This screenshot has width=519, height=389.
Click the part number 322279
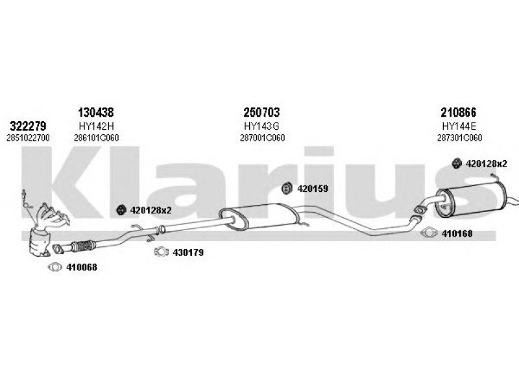pyautogui.click(x=28, y=126)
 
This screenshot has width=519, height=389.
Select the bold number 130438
pyautogui.click(x=95, y=112)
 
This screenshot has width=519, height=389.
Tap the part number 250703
pyautogui.click(x=261, y=112)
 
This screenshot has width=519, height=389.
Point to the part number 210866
pyautogui.click(x=458, y=112)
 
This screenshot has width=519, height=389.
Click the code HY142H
pyautogui.click(x=96, y=126)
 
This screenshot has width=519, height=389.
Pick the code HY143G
pyautogui.click(x=261, y=126)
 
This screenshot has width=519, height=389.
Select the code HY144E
pyautogui.click(x=459, y=126)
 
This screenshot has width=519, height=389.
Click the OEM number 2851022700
pyautogui.click(x=28, y=138)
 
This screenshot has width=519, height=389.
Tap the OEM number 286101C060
pyautogui.click(x=96, y=138)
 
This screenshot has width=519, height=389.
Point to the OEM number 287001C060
pyautogui.click(x=262, y=138)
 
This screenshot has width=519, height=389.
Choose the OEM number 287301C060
pyautogui.click(x=459, y=138)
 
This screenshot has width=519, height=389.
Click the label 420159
pyautogui.click(x=313, y=189)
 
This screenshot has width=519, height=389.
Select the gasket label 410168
pyautogui.click(x=457, y=233)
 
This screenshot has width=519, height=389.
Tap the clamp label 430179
pyautogui.click(x=188, y=253)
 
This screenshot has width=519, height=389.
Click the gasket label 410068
pyautogui.click(x=82, y=267)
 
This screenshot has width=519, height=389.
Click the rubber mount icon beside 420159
pyautogui.click(x=287, y=188)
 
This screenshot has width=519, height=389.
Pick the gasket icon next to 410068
pyautogui.click(x=55, y=267)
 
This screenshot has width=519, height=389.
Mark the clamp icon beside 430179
pyautogui.click(x=161, y=252)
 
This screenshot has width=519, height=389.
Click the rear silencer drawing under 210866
pyautogui.click(x=470, y=200)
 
